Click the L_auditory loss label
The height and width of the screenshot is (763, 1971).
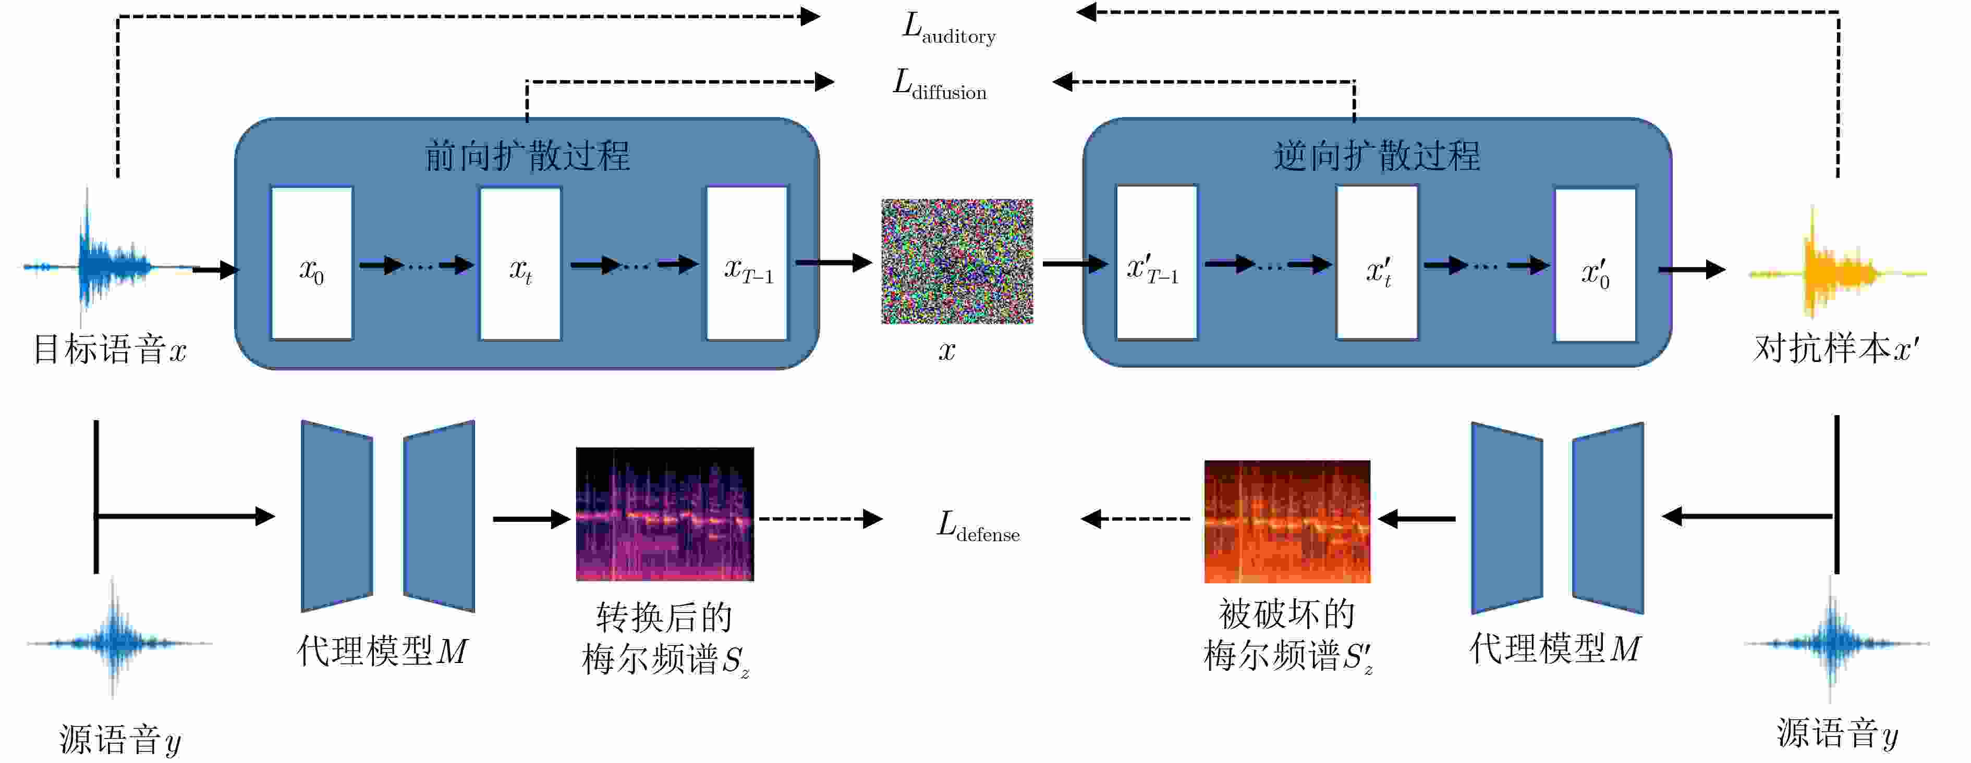949,29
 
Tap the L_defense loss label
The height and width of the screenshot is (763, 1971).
978,526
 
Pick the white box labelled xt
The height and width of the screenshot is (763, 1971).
520,263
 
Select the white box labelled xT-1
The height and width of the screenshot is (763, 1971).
747,263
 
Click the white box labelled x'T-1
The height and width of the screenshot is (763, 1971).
1156,263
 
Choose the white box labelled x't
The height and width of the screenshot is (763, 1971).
1377,263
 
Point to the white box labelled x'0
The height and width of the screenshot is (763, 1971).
1596,265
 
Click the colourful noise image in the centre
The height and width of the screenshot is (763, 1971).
956,261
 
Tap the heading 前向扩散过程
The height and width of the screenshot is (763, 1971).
527,156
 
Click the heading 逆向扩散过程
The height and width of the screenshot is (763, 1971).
1377,156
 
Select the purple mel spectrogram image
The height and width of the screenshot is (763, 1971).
664,514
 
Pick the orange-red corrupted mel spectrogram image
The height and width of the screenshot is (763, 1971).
1287,521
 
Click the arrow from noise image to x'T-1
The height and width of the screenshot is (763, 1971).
1074,264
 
